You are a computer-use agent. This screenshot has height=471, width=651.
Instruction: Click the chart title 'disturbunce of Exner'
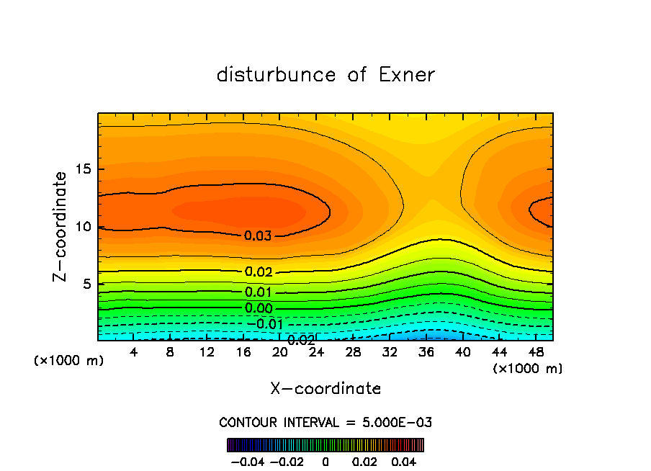(325, 75)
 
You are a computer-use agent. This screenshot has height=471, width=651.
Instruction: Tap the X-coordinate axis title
(325, 388)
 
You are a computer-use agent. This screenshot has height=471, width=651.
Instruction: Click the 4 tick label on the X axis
(134, 352)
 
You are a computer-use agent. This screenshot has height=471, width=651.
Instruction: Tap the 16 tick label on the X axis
(243, 352)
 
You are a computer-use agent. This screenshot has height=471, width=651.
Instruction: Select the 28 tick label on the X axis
(353, 352)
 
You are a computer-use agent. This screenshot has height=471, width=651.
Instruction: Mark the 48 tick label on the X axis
(535, 352)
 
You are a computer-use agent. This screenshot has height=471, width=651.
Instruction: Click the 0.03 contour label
(258, 235)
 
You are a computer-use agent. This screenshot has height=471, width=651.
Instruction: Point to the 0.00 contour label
(259, 308)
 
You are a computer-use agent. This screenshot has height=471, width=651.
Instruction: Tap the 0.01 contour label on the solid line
(259, 292)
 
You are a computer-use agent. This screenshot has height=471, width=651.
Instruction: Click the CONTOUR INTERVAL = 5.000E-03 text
(325, 422)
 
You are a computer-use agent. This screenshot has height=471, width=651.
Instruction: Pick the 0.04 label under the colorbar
(404, 459)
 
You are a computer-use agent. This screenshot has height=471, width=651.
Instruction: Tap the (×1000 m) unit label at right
(528, 369)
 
